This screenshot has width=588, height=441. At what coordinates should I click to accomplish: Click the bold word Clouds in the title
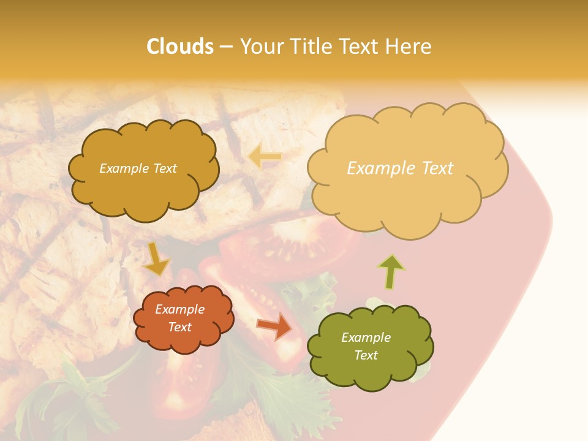[180, 47]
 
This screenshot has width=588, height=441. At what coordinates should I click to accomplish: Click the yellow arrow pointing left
[265, 157]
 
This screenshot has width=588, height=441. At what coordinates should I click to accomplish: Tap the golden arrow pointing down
[157, 258]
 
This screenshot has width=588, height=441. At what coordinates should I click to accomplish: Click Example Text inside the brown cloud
[138, 168]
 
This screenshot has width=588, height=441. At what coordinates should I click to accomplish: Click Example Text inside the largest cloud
[400, 168]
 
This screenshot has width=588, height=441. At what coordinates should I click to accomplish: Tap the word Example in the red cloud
[179, 309]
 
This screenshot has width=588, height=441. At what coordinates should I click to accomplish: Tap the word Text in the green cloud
[366, 355]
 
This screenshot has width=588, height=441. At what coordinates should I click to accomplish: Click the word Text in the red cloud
[179, 327]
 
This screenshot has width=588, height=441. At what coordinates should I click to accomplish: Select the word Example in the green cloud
[366, 337]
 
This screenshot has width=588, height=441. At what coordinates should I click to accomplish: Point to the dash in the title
[225, 47]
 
